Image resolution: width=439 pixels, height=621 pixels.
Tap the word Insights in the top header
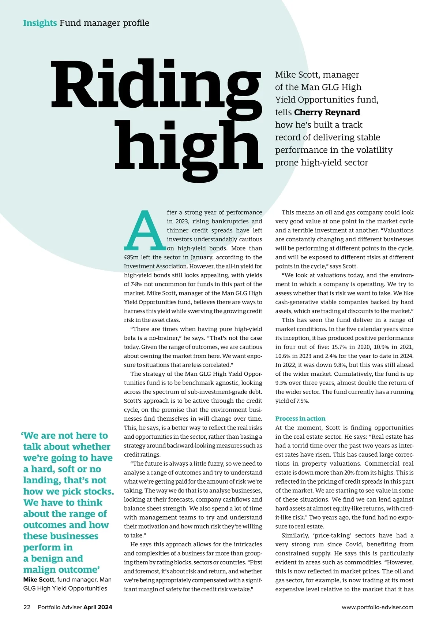click(x=40, y=23)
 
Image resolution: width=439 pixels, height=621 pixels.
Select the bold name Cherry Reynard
click(x=327, y=112)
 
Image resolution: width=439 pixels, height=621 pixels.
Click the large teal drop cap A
click(x=144, y=230)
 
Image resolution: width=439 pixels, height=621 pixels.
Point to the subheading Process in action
click(x=300, y=419)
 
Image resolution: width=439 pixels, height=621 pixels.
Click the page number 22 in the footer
click(x=27, y=607)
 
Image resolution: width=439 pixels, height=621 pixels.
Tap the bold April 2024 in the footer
click(x=98, y=607)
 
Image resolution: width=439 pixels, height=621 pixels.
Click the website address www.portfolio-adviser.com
click(x=378, y=607)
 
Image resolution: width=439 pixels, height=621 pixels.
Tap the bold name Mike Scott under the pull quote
click(x=38, y=580)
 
